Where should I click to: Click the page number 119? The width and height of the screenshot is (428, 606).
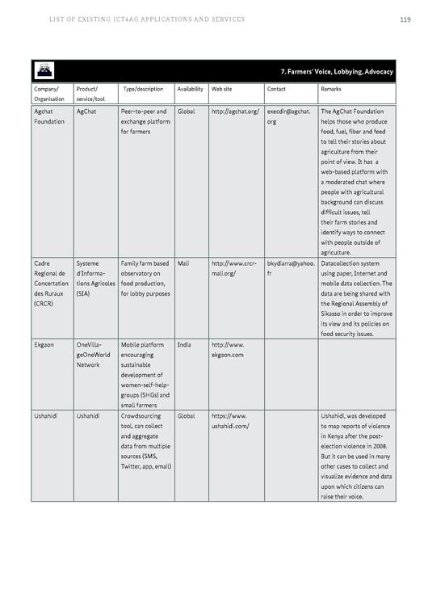tap(405, 19)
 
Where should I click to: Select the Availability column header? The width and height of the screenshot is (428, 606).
tap(190, 89)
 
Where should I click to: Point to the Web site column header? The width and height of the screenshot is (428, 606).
tap(222, 89)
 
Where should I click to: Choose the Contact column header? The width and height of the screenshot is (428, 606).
tap(276, 89)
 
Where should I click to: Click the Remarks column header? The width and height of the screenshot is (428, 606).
tap(331, 89)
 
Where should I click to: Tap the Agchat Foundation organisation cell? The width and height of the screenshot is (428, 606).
tap(49, 116)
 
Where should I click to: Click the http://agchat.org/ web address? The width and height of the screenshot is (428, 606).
tap(235, 112)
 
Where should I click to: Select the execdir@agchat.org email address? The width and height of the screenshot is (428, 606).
tap(288, 116)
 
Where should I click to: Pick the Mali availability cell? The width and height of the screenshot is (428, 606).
tap(183, 263)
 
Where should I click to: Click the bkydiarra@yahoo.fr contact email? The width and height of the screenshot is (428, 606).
tap(291, 268)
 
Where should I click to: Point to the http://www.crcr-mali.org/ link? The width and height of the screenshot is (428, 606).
tap(234, 268)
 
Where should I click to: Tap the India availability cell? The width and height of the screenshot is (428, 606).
tap(184, 345)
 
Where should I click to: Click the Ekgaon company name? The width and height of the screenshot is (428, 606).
tap(44, 345)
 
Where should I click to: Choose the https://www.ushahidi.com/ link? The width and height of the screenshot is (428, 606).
tap(230, 421)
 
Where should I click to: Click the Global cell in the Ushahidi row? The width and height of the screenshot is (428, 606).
tap(186, 416)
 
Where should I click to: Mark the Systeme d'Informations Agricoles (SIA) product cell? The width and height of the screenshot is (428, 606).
tap(94, 279)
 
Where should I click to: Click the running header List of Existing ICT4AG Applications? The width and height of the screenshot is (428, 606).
tap(146, 19)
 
